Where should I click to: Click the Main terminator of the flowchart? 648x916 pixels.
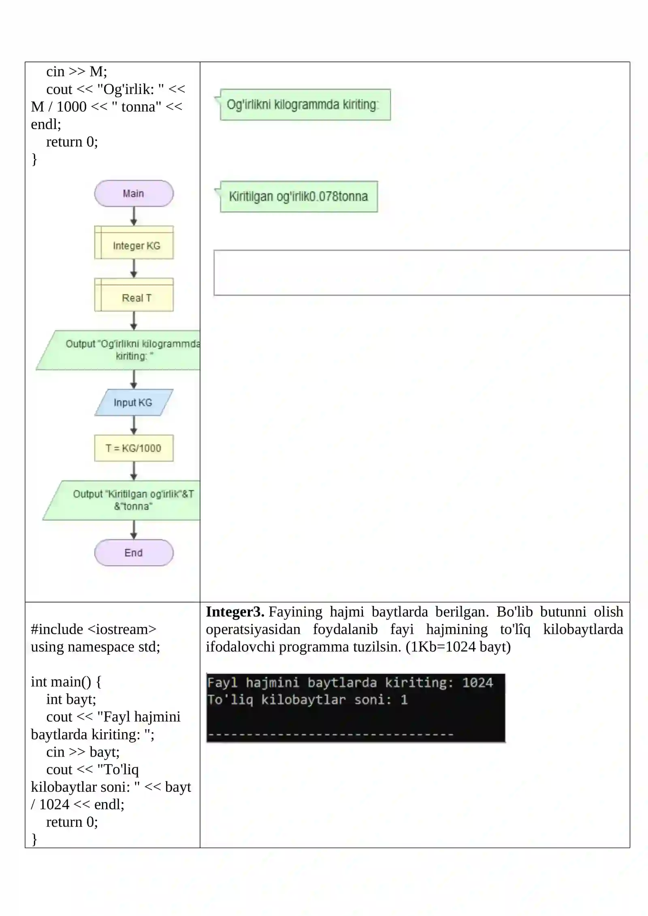pos(134,194)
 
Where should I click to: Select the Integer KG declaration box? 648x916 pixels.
pos(134,243)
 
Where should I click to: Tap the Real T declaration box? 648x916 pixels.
pos(134,294)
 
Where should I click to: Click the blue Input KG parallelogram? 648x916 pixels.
pos(134,403)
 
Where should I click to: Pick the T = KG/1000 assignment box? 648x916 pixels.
pos(134,448)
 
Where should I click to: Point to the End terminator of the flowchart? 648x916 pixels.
pos(134,553)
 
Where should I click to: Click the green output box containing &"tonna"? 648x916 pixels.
pos(122,500)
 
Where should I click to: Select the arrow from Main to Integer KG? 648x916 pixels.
pos(134,216)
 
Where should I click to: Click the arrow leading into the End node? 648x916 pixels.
pos(134,530)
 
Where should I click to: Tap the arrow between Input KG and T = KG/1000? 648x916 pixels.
pos(134,425)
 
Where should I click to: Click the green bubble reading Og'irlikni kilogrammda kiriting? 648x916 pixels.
pos(303,104)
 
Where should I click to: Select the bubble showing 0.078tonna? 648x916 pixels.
pos(296,196)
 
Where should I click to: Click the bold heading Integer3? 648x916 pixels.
pos(235,611)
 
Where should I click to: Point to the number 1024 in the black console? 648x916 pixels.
pos(477,683)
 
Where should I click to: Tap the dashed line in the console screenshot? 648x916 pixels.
pos(330,734)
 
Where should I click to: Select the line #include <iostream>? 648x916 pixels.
pos(94,629)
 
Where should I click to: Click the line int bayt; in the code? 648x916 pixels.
pos(71,699)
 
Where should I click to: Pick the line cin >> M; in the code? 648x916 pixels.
pos(77,71)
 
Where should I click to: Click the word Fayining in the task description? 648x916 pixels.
pos(295,612)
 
